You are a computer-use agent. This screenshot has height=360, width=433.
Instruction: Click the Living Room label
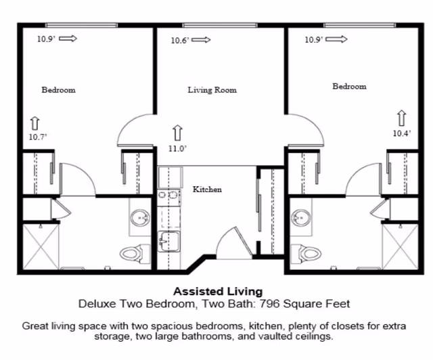212,90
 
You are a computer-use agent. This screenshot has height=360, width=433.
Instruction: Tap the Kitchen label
207,189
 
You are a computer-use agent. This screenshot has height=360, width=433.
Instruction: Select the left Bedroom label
58,90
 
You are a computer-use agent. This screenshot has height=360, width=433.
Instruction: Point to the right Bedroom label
349,87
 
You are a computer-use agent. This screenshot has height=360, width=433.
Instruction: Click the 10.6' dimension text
179,41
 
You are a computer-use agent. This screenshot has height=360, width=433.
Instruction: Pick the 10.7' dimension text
38,137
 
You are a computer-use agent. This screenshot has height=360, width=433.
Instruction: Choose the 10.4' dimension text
401,133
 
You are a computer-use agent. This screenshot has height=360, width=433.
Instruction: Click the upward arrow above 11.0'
178,131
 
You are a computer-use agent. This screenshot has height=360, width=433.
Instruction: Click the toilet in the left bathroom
133,253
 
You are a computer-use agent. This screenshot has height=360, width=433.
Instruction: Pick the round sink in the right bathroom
300,218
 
